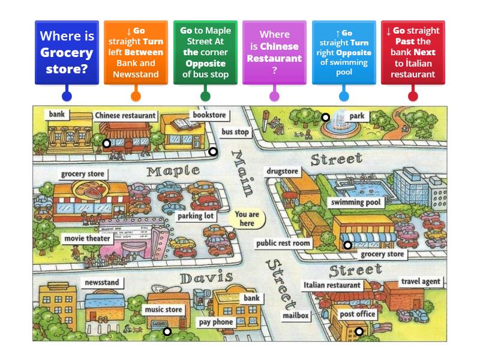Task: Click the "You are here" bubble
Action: (247, 219)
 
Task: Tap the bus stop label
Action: (235, 132)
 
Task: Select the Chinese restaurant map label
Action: (125, 115)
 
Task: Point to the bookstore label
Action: (209, 114)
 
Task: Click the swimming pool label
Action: (356, 203)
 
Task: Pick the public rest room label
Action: (283, 243)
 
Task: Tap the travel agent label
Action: (421, 281)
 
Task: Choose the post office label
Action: (357, 314)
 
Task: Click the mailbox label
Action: (295, 316)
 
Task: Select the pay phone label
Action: (215, 322)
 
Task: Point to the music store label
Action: (163, 310)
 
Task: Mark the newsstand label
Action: (101, 282)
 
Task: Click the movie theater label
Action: (87, 238)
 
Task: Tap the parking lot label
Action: (196, 216)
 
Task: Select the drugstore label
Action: (282, 172)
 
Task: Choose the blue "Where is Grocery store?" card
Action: (67, 52)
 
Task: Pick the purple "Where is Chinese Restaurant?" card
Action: (274, 52)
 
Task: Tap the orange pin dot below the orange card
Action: (136, 95)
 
